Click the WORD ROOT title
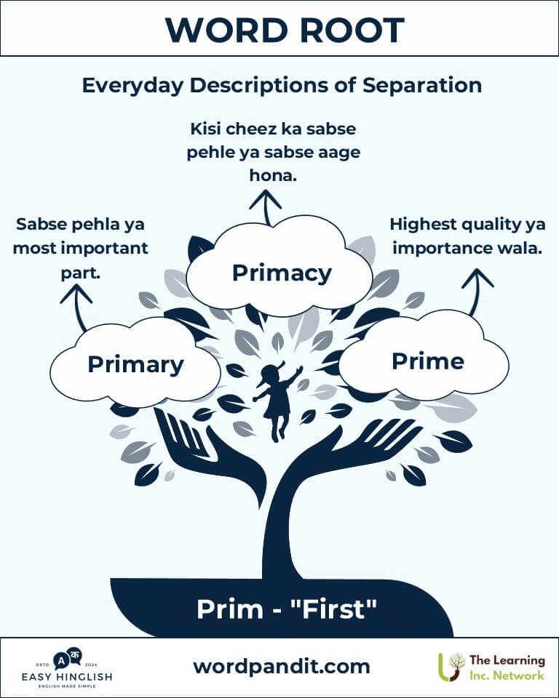[285, 31]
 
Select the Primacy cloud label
[282, 273]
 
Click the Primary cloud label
[135, 365]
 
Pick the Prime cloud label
[428, 361]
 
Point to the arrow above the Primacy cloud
[266, 207]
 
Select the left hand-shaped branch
[210, 454]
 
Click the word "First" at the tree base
[333, 609]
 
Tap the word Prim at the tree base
[229, 609]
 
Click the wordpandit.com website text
[281, 667]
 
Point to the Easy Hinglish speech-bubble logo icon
[67, 659]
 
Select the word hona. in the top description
[273, 175]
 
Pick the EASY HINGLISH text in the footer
[67, 677]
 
